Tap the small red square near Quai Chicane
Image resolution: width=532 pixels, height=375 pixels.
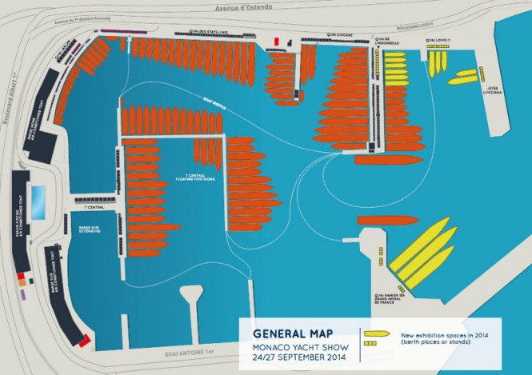(x=276, y=40)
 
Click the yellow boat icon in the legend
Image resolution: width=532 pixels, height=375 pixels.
(x=375, y=333)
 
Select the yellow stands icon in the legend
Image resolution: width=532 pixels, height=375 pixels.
(x=370, y=344)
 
